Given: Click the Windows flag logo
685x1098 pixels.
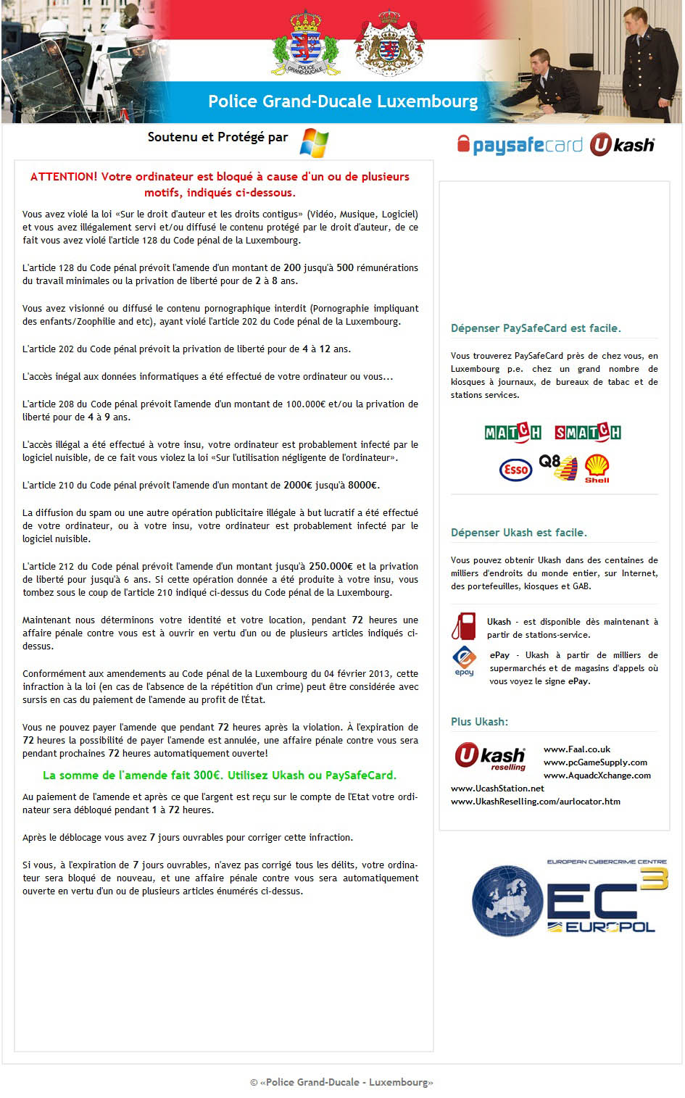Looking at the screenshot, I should click(314, 142).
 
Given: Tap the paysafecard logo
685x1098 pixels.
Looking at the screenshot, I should click(520, 145).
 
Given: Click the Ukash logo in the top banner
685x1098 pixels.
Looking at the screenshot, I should click(622, 145).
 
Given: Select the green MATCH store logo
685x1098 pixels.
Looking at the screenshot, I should click(513, 433).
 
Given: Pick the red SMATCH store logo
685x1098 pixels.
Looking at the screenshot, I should click(587, 433).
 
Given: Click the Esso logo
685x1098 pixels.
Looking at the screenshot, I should click(515, 470).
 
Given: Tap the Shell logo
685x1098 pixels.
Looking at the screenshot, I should click(597, 468).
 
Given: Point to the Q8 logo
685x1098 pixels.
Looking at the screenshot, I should click(557, 467).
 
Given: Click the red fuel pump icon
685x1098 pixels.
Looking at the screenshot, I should click(464, 626).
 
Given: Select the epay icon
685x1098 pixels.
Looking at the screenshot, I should click(464, 661).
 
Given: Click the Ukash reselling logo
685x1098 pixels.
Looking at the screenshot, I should click(490, 757).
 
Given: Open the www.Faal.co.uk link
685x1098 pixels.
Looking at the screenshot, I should click(577, 749).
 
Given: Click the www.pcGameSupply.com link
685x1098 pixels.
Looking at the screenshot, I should click(595, 762).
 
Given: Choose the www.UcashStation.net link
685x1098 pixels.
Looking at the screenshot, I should click(497, 789).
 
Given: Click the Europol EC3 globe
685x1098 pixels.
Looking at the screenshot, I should click(507, 901).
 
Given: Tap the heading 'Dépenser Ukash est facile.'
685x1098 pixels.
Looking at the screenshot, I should click(519, 533).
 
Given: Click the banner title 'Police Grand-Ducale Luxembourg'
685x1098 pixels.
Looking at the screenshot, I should click(343, 101).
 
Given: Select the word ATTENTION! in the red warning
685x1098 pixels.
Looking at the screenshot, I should click(64, 177).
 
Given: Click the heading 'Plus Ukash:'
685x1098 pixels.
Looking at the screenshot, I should click(479, 722).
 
